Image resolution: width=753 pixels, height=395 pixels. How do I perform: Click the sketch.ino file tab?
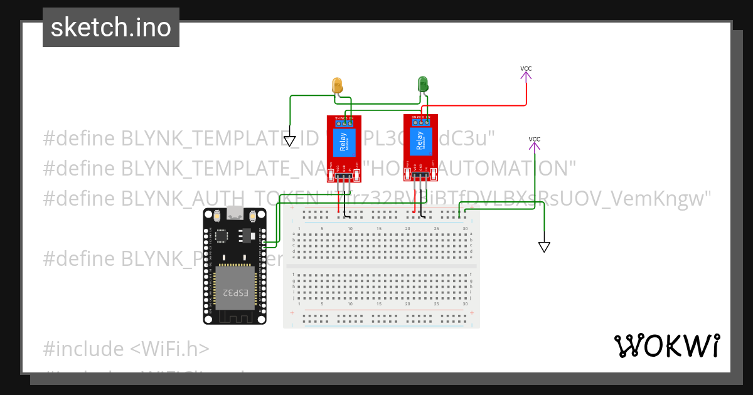tap(111, 28)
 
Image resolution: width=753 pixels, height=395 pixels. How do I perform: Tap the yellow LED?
tap(337, 86)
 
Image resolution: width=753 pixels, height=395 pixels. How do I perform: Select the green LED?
tap(423, 84)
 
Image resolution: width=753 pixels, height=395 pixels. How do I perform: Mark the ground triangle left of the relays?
tap(289, 141)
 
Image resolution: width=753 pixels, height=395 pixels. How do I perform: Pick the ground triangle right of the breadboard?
tap(544, 247)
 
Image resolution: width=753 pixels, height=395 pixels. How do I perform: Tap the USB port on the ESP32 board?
tap(235, 213)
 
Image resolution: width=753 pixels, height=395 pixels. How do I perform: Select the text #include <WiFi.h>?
tap(126, 349)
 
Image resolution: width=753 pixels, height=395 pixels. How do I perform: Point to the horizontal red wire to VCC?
tap(477, 105)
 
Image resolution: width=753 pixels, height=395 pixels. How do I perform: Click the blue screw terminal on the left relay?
tap(344, 123)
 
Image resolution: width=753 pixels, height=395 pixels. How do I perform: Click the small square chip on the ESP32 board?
tap(222, 236)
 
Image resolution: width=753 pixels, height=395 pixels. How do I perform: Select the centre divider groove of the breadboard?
tap(381, 266)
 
